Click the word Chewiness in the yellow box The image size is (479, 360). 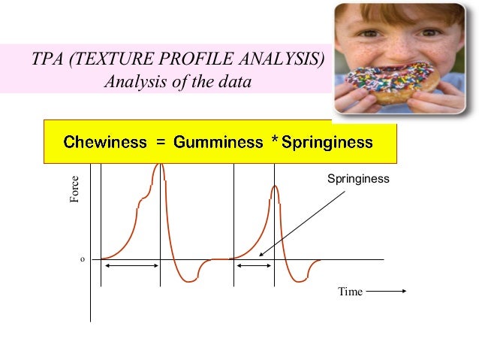pos(105,142)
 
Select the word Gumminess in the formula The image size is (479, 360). pos(217,142)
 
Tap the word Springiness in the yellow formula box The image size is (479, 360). pos(327,142)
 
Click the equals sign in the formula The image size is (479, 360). pos(160,142)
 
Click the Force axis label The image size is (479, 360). pos(74,189)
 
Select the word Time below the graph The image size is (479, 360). pos(350,292)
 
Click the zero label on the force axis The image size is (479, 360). pos(82,259)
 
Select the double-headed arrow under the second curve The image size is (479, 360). pos(254,266)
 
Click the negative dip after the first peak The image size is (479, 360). pos(188,280)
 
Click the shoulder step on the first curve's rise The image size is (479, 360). pos(143,200)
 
